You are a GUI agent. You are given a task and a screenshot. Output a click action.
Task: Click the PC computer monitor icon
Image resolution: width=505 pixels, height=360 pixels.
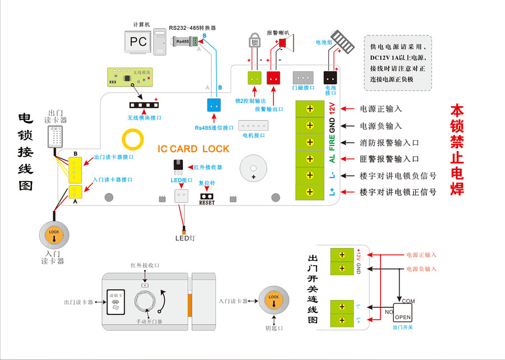(138, 42)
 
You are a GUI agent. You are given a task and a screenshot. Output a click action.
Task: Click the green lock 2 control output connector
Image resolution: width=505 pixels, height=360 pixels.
(255, 79)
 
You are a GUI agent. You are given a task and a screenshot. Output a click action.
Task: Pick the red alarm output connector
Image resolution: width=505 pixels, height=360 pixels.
(273, 79)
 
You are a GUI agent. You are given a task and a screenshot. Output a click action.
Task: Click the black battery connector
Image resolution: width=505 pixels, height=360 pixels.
(330, 79)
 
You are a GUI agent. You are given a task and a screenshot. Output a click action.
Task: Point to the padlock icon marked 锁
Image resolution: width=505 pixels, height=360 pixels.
(254, 42)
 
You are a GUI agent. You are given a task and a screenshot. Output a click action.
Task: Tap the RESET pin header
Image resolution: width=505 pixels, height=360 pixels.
(207, 195)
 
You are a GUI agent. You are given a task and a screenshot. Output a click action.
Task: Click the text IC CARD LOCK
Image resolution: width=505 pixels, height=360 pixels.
(193, 149)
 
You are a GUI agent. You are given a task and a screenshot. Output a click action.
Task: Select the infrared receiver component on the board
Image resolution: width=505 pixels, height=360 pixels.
(179, 166)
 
